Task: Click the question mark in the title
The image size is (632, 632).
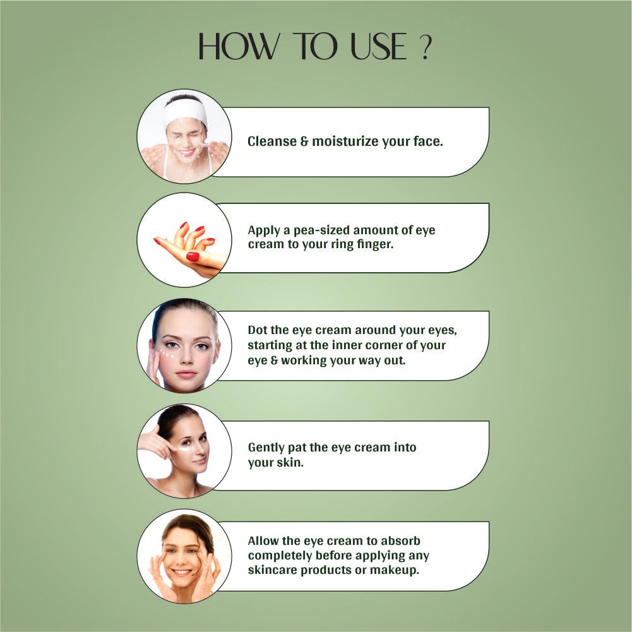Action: pos(425,47)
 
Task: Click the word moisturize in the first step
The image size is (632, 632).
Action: pos(345,141)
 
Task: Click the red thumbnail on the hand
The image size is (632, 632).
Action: pos(193,256)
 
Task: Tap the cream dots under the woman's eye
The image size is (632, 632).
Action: pos(167,354)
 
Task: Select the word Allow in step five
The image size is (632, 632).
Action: pos(263,541)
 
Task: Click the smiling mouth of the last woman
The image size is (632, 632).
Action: pos(182,572)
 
